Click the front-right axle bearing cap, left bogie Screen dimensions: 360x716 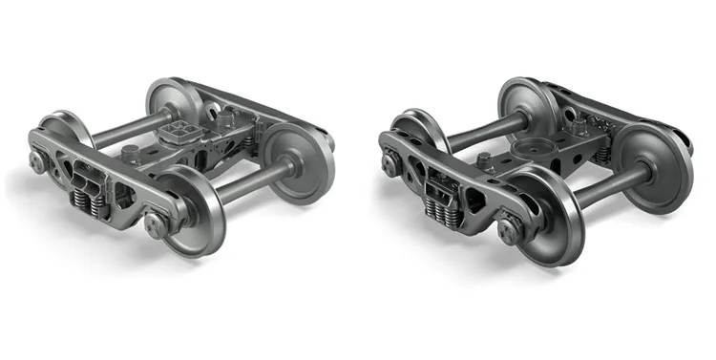153,225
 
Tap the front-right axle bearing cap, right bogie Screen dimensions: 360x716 509,229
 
